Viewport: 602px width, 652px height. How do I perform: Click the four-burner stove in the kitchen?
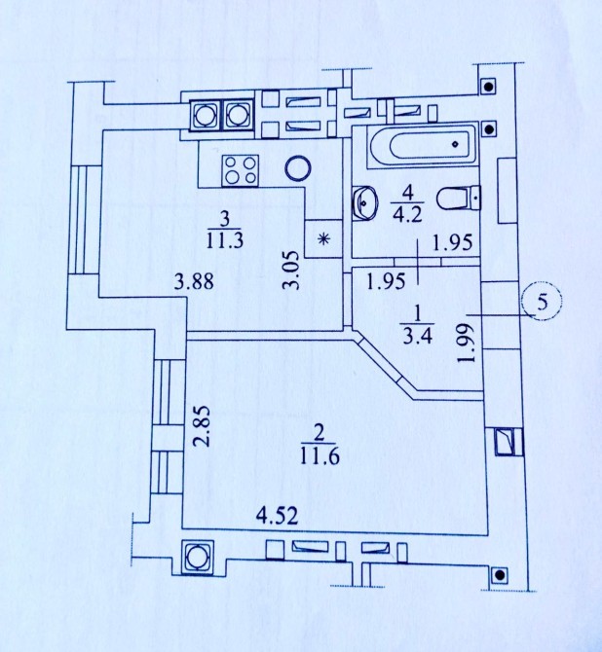click(x=241, y=170)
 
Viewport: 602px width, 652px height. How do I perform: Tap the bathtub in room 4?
click(x=422, y=145)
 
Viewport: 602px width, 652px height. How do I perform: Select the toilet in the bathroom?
click(x=459, y=198)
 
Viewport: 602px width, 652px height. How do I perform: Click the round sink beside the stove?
click(x=298, y=168)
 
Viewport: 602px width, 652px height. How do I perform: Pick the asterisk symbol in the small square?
click(x=323, y=239)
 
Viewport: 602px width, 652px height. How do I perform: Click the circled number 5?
click(x=543, y=302)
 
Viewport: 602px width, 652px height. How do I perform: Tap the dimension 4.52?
click(x=278, y=516)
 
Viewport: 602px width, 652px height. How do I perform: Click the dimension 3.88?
click(x=194, y=281)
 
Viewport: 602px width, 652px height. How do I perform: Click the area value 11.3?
click(x=224, y=240)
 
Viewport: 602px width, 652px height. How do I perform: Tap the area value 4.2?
click(x=408, y=215)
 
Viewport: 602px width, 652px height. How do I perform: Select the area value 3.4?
click(x=418, y=336)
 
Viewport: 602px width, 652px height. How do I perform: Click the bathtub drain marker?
click(x=456, y=144)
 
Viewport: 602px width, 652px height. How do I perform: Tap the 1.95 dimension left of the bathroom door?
click(x=386, y=281)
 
